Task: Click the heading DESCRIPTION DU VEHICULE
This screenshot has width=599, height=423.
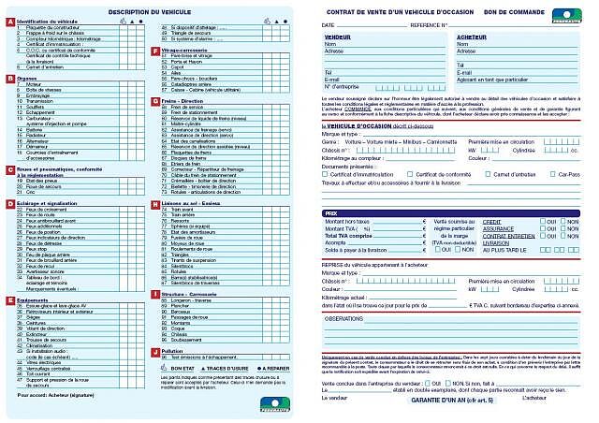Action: [x=150, y=10]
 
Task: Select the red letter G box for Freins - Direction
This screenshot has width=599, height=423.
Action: [x=155, y=100]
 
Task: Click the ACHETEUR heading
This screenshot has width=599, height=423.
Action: [x=472, y=36]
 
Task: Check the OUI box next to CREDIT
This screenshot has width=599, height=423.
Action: [x=541, y=221]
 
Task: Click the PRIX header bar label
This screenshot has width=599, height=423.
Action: [x=330, y=212]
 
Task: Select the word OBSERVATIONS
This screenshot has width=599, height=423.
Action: [x=348, y=318]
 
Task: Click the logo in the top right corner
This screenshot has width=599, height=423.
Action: [x=566, y=13]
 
